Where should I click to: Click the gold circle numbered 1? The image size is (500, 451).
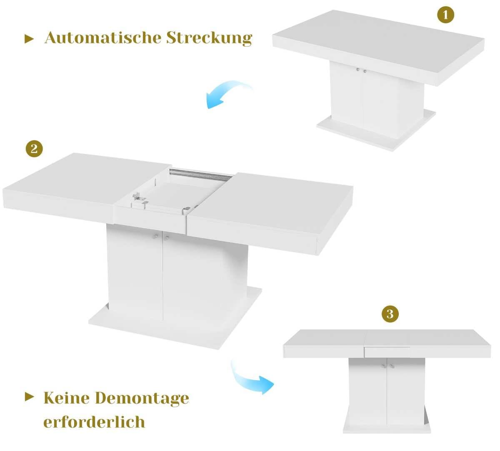pos(445,15)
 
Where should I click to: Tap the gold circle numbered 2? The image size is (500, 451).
pos(34,148)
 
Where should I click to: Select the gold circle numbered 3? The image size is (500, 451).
pos(390,313)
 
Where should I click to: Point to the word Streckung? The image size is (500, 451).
pos(210,38)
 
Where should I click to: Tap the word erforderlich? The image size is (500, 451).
pos(94,421)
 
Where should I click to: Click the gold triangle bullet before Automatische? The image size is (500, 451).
pos(29,39)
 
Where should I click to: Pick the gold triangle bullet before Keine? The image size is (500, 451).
pos(29,396)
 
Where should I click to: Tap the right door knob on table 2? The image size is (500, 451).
pos(166,238)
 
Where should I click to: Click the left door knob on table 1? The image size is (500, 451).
pos(357,70)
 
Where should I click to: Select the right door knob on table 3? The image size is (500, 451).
pos(392,366)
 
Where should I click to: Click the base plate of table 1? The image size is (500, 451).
pos(375,133)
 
